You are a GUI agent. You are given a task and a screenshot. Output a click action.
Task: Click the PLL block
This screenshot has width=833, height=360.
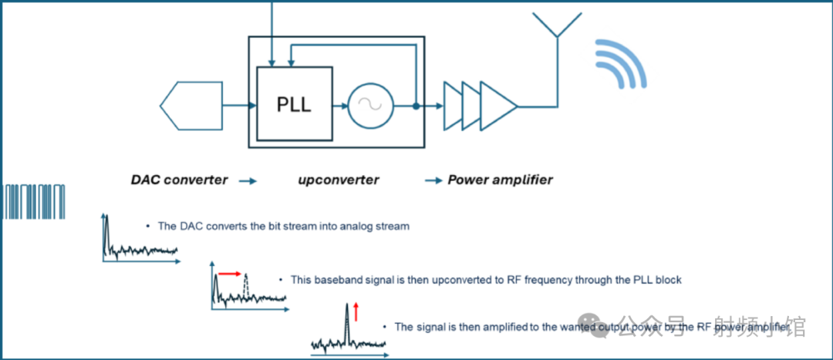[295, 103]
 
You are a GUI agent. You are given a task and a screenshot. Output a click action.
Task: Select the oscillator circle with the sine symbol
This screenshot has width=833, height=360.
[370, 106]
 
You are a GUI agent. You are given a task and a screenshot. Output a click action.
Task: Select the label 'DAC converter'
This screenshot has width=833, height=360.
[179, 180]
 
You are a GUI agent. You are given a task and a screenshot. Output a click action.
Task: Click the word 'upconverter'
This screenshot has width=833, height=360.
[339, 180]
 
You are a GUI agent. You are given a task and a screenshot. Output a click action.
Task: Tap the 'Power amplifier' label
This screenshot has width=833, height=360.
[501, 180]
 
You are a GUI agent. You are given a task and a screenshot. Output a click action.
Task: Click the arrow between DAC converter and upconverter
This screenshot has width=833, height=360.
[248, 180]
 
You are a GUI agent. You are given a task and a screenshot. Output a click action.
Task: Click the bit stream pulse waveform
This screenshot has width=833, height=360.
[35, 202]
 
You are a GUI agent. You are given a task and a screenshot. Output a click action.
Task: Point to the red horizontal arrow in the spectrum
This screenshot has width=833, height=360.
[230, 273]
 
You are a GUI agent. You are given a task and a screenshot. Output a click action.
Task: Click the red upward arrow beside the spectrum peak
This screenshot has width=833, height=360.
[356, 311]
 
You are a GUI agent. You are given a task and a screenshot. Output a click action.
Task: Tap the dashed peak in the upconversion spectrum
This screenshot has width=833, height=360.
[246, 286]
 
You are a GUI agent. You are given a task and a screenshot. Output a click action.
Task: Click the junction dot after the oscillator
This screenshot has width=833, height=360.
[416, 106]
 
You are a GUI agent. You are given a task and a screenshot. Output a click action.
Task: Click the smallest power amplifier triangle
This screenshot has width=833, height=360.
[452, 106]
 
